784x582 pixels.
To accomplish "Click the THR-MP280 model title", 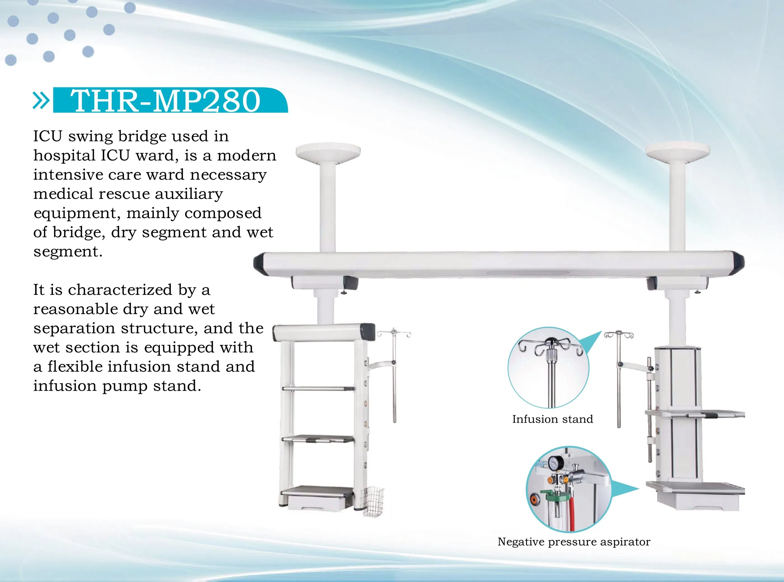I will pyautogui.click(x=165, y=101).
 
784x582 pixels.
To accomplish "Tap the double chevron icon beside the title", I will pyautogui.click(x=41, y=100).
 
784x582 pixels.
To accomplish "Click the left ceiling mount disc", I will pyautogui.click(x=328, y=152).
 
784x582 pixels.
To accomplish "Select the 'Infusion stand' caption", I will pyautogui.click(x=552, y=419).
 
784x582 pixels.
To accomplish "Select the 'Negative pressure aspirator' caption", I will pyautogui.click(x=574, y=542).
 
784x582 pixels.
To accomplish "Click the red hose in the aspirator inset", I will pyautogui.click(x=571, y=507).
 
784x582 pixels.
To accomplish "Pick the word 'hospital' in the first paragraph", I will pyautogui.click(x=64, y=155).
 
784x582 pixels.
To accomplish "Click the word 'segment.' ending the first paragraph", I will pyautogui.click(x=68, y=252).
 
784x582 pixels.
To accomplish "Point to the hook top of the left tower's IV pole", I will pyautogui.click(x=394, y=333).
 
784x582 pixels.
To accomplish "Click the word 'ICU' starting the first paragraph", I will pyautogui.click(x=48, y=136).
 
